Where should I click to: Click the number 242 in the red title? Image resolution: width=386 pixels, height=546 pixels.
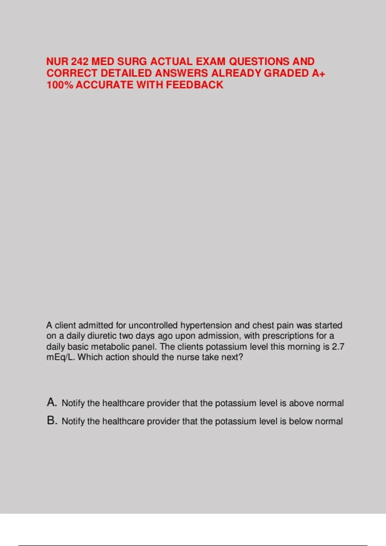[79, 61]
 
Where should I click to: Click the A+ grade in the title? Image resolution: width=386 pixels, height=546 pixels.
[318, 73]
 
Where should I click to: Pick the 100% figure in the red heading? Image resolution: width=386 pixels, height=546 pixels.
[60, 85]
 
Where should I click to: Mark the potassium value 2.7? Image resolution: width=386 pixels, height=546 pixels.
[338, 347]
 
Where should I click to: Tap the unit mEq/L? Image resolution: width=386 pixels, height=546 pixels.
[60, 357]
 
